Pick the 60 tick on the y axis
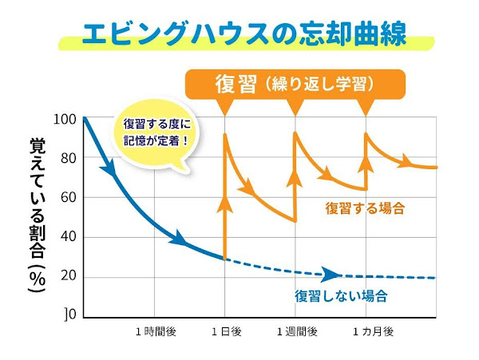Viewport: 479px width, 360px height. (x=67, y=197)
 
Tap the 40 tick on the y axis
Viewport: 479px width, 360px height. (x=67, y=237)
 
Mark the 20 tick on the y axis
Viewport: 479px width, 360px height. (x=67, y=277)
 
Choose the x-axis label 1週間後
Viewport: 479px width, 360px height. (x=297, y=330)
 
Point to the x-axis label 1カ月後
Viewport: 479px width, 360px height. (x=369, y=330)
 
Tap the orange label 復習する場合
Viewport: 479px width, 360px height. (x=365, y=208)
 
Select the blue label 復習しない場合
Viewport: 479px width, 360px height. (x=341, y=296)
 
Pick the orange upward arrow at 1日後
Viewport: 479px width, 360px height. (x=225, y=208)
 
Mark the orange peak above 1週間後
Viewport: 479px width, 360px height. (x=295, y=133)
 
